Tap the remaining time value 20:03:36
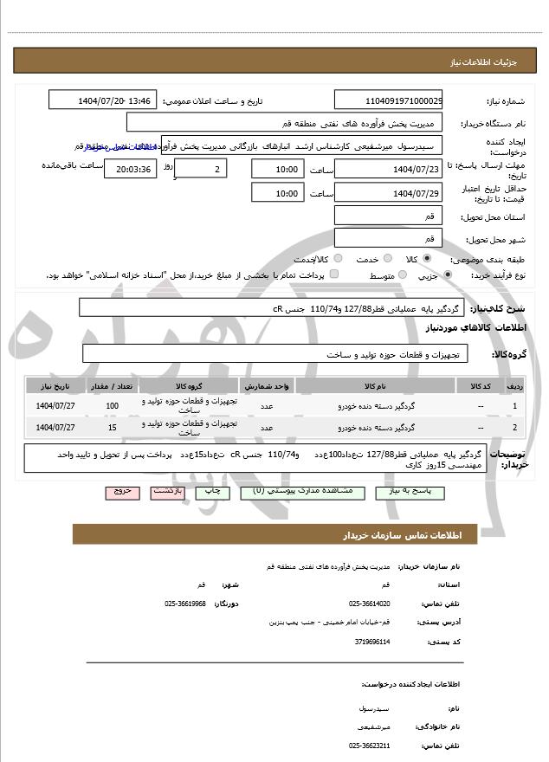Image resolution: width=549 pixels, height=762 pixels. pos(131,169)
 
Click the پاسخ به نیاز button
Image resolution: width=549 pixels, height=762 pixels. pos(409,491)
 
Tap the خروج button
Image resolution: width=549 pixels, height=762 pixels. pos(121,491)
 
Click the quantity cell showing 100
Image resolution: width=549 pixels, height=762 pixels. pos(112,405)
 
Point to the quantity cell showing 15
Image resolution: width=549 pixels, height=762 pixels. pos(112,427)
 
